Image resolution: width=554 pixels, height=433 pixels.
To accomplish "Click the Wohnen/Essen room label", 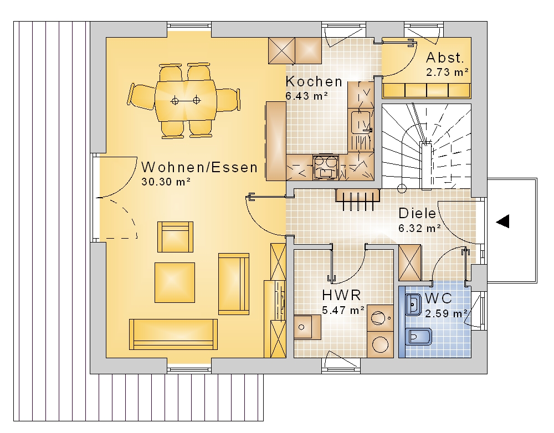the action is (x=199, y=167).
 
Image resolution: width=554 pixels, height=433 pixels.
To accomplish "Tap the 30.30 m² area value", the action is (x=166, y=182).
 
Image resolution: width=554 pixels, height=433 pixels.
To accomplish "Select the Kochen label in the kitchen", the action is (x=314, y=81).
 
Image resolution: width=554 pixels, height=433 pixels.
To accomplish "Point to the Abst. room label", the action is (x=445, y=57).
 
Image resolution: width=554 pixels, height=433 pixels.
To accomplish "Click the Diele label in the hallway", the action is (x=417, y=213).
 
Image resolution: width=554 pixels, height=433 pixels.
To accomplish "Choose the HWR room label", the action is (x=341, y=295).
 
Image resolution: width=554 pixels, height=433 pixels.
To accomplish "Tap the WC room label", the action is (x=438, y=298).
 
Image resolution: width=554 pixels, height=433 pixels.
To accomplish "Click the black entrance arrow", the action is (x=502, y=221).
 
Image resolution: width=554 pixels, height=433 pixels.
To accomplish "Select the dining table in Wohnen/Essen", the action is (x=186, y=100).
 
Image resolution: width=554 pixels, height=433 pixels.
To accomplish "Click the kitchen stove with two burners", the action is (x=325, y=167).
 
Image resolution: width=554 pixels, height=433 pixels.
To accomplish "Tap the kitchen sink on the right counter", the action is (x=361, y=122).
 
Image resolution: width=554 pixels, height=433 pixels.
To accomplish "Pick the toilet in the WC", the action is (x=419, y=337).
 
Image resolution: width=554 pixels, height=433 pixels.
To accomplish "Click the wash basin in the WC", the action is (x=413, y=305).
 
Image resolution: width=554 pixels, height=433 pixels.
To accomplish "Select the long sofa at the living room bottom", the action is (x=173, y=334).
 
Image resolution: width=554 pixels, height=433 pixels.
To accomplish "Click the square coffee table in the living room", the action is (x=175, y=282).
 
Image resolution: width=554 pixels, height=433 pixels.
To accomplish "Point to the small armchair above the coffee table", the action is (x=175, y=237).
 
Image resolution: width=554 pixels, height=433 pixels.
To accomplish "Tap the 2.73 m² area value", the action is (x=447, y=72).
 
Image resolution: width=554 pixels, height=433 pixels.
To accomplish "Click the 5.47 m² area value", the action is (x=343, y=310).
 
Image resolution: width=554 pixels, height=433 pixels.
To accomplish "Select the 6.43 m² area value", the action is (x=307, y=96).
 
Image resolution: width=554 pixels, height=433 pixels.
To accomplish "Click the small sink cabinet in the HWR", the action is (x=307, y=327).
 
